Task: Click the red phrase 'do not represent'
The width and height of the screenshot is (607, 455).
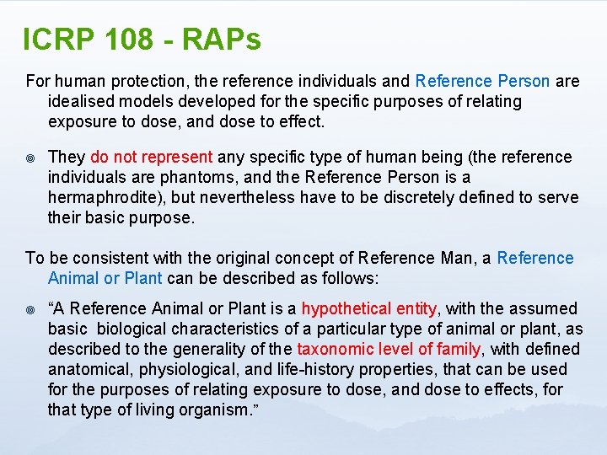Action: [152, 157]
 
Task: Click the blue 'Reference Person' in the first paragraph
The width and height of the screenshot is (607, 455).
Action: [482, 81]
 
